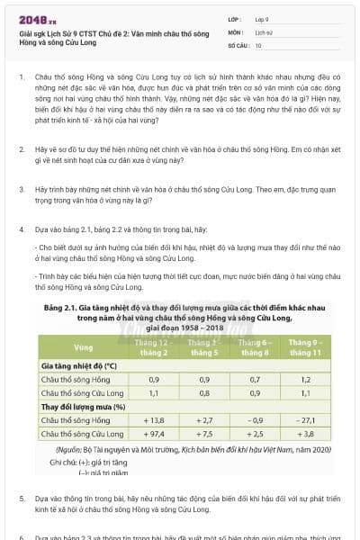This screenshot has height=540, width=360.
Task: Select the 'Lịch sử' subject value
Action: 264,31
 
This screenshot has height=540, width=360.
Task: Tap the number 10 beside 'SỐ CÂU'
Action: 258,45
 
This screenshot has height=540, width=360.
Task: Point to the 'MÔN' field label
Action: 236,31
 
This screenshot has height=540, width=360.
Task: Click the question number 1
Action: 21,78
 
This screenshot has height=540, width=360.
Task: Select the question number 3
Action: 21,190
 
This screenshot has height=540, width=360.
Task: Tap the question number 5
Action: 21,497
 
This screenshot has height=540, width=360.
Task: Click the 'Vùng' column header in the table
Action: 83,347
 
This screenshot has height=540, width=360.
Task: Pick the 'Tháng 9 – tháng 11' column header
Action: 307,347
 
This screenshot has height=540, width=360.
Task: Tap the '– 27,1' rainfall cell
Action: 307,420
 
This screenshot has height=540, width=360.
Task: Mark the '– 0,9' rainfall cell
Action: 256,420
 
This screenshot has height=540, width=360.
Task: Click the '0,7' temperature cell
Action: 256,380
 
